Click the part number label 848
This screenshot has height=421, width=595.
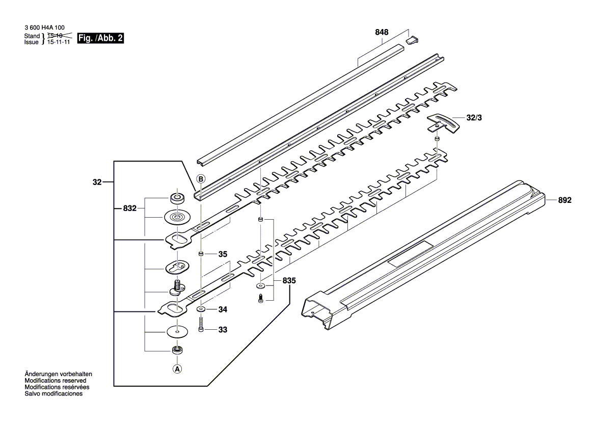382,32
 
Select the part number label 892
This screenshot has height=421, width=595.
564,200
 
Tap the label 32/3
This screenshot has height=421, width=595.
474,117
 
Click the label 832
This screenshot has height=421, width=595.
129,208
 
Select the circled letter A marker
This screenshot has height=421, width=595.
177,369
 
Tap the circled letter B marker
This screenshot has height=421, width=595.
201,179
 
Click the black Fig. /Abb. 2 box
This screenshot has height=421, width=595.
100,38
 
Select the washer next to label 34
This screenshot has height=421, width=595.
202,309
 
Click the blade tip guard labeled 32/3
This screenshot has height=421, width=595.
440,124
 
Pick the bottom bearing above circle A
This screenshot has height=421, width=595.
177,350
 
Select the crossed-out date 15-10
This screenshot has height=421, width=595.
55,36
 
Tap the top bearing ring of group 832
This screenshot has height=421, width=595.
177,198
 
